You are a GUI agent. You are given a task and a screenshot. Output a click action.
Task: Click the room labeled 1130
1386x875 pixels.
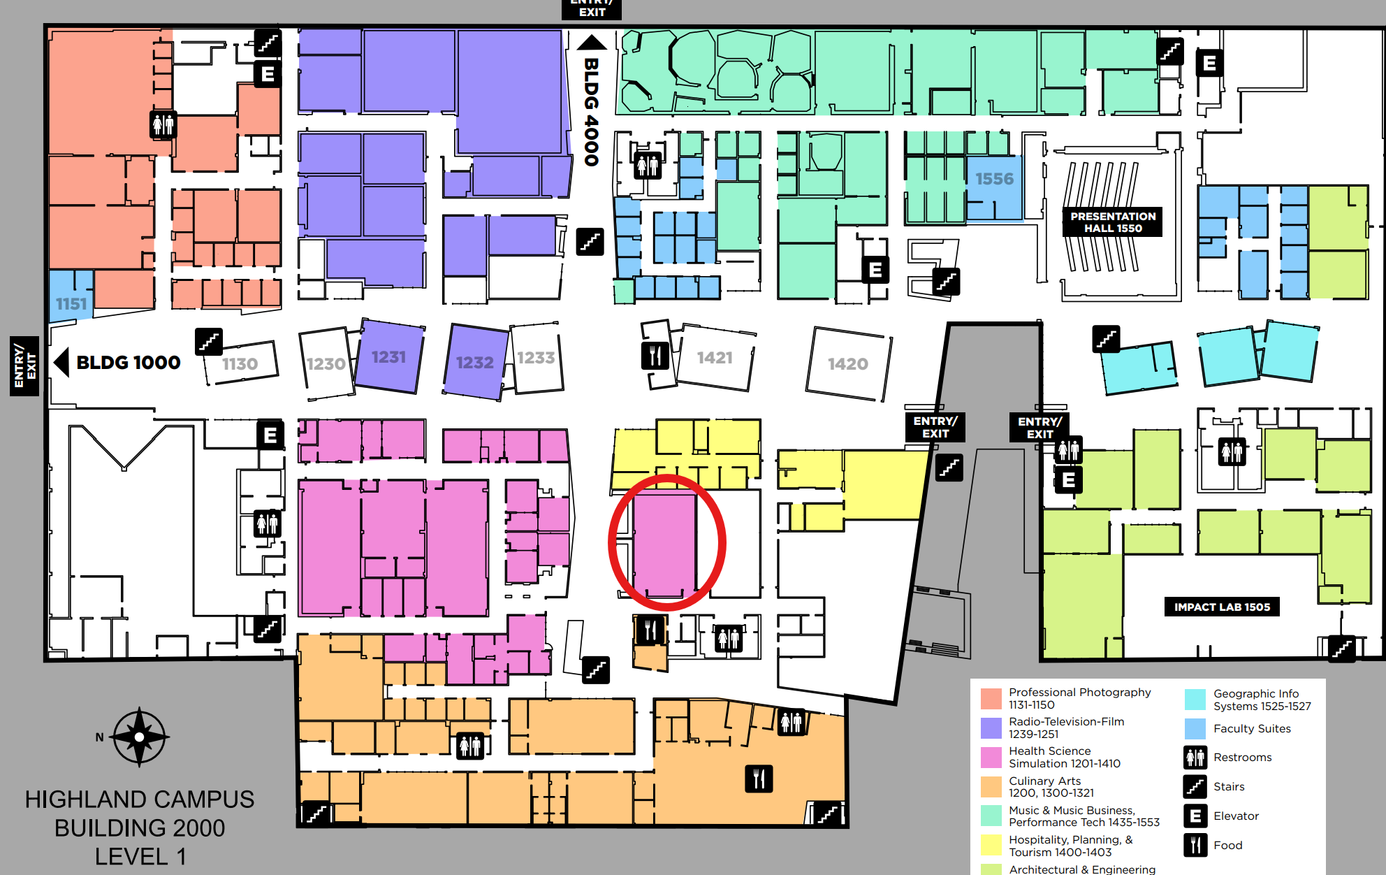240,363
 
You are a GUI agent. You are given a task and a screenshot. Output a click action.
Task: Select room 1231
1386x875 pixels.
388,357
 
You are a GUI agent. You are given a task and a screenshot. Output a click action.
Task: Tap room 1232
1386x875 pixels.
474,363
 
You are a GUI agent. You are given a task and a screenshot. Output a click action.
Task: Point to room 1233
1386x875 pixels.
536,358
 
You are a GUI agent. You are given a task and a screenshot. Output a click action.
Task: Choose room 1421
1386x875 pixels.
715,358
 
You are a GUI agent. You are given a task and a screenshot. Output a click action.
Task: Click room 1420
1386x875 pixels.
847,363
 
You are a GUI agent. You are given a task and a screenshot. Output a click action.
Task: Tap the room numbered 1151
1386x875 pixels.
71,304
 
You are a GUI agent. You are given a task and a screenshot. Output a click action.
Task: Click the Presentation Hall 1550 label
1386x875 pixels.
1113,222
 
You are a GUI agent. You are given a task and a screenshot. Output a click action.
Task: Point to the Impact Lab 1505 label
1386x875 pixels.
1222,607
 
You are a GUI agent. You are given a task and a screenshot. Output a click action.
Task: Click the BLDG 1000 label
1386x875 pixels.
128,363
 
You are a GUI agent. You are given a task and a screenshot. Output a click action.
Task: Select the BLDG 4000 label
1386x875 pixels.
591,112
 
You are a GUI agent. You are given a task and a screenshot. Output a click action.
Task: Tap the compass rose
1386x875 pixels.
140,737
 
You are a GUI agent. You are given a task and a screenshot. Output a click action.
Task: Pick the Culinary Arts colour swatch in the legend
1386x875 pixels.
991,786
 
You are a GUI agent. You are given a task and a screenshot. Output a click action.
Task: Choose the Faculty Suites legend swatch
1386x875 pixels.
1195,729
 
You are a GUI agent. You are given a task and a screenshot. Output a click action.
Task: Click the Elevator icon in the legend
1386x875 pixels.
1195,816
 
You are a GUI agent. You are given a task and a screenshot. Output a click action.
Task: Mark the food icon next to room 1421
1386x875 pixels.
655,356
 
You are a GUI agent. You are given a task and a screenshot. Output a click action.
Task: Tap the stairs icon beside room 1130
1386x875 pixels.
208,342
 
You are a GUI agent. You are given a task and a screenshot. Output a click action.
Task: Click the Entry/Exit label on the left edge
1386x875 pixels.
24,366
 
